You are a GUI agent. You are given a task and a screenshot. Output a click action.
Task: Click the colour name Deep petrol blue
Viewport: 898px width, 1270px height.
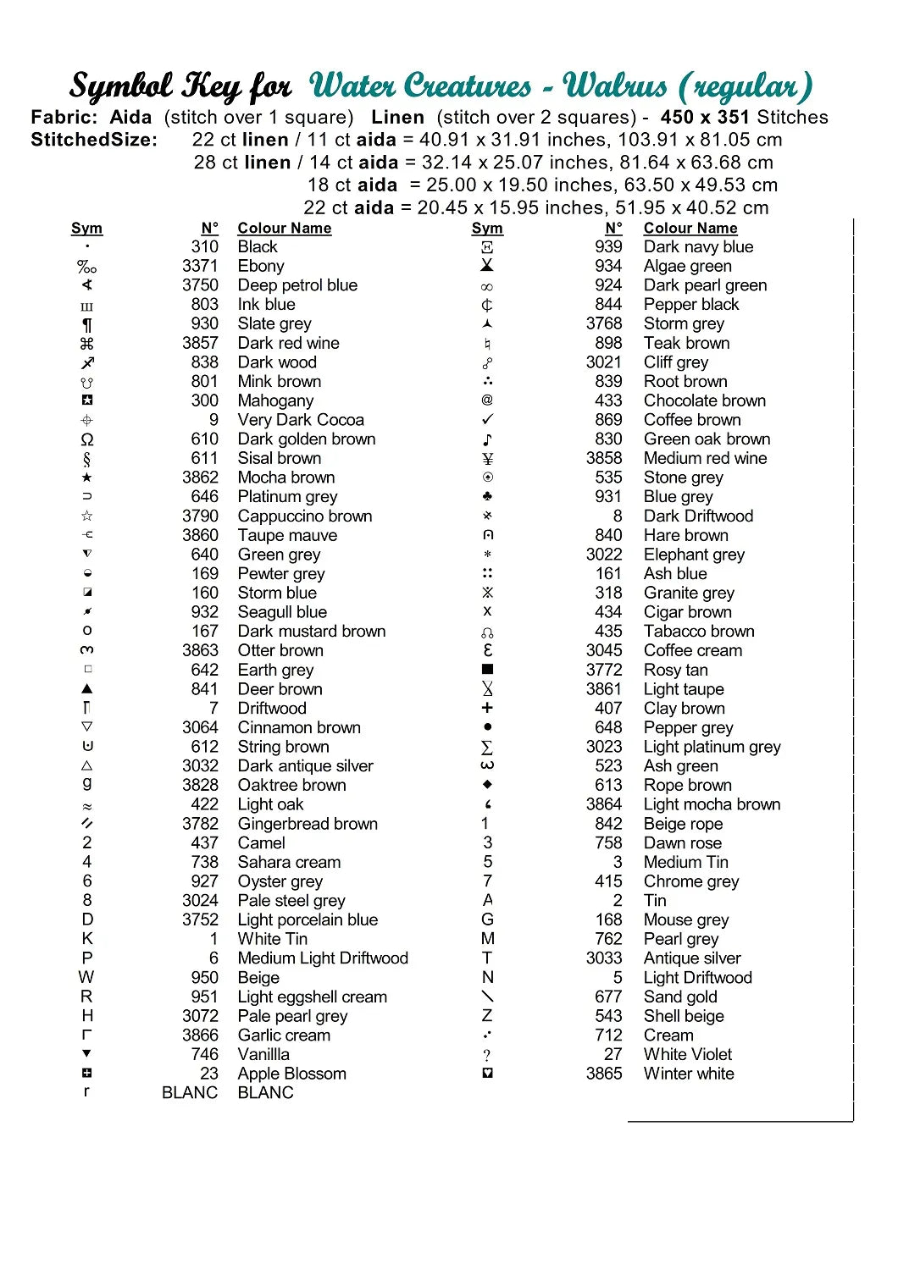[x=297, y=285]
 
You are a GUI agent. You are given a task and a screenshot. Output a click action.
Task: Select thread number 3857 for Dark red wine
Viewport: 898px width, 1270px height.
[x=200, y=343]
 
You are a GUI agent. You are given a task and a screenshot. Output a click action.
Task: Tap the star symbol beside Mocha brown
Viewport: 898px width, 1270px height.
[x=86, y=478]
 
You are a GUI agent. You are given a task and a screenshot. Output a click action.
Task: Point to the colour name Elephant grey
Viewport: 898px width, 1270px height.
[x=694, y=555]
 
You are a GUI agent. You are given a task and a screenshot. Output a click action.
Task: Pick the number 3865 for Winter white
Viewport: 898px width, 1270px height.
[x=603, y=1074]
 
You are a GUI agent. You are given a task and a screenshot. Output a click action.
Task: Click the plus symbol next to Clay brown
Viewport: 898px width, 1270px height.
[x=487, y=708]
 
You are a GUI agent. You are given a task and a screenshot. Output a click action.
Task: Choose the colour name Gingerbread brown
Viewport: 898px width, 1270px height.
[x=308, y=824]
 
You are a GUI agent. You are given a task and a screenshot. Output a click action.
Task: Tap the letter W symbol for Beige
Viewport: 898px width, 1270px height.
[x=86, y=977]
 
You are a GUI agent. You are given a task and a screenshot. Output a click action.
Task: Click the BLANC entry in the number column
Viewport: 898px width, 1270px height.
[x=190, y=1093]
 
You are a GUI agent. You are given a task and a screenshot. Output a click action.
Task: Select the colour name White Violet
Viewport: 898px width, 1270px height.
[x=688, y=1054]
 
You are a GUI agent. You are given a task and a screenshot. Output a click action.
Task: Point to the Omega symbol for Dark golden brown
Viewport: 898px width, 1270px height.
[x=86, y=439]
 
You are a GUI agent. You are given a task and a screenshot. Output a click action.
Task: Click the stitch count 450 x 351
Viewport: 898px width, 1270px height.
[x=706, y=117]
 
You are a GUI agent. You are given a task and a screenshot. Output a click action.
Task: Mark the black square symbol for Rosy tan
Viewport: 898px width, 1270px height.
[x=487, y=670]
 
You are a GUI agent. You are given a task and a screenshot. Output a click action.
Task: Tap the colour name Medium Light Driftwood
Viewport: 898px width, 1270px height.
[x=323, y=958]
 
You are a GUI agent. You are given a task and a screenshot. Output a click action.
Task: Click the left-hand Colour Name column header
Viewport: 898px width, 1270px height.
[x=284, y=228]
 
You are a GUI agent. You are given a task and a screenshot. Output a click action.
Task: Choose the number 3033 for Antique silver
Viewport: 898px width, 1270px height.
[x=603, y=958]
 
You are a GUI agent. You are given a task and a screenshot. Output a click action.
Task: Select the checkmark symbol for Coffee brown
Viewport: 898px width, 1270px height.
[x=487, y=420]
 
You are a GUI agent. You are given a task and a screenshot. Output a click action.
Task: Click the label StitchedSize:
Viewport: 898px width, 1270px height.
[x=94, y=140]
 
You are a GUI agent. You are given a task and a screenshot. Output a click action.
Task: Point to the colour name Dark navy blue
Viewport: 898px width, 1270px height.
[x=698, y=246]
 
